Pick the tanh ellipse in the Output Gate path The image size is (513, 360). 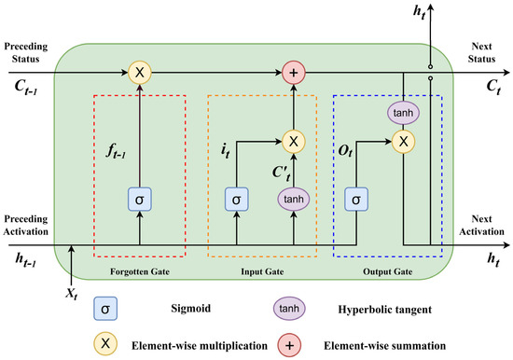coord(403,112)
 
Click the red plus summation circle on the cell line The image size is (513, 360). coord(294,71)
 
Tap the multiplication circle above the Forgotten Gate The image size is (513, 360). coord(140,71)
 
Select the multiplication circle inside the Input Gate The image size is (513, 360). coord(294,141)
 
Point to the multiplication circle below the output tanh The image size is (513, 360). coord(403,141)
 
